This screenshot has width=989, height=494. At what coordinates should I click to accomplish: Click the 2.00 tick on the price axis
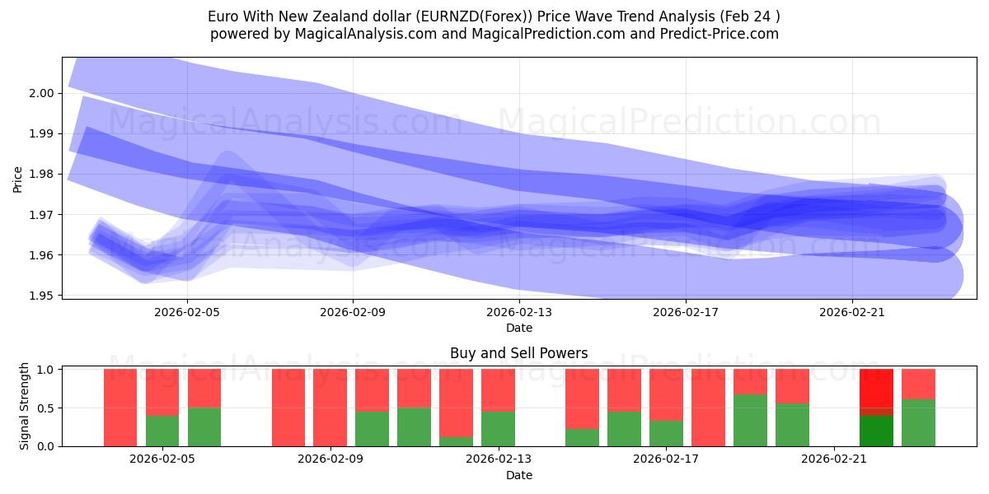[42, 93]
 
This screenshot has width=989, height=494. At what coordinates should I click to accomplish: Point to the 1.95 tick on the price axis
[42, 296]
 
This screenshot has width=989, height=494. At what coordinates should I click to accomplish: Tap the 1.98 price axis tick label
[42, 174]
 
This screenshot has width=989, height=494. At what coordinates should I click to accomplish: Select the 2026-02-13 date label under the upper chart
[519, 313]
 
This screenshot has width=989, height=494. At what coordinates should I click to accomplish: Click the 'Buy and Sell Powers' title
[518, 353]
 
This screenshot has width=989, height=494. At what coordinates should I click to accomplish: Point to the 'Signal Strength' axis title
[25, 406]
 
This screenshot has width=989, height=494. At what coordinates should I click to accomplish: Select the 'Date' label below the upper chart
[518, 328]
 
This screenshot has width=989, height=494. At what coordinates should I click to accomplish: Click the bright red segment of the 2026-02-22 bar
[876, 387]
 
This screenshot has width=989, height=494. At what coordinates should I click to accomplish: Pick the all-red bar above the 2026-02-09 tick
[330, 408]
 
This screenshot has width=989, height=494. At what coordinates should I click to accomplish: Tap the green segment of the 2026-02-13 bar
[498, 428]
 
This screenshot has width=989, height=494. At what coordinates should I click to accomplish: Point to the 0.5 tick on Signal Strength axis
[48, 408]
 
